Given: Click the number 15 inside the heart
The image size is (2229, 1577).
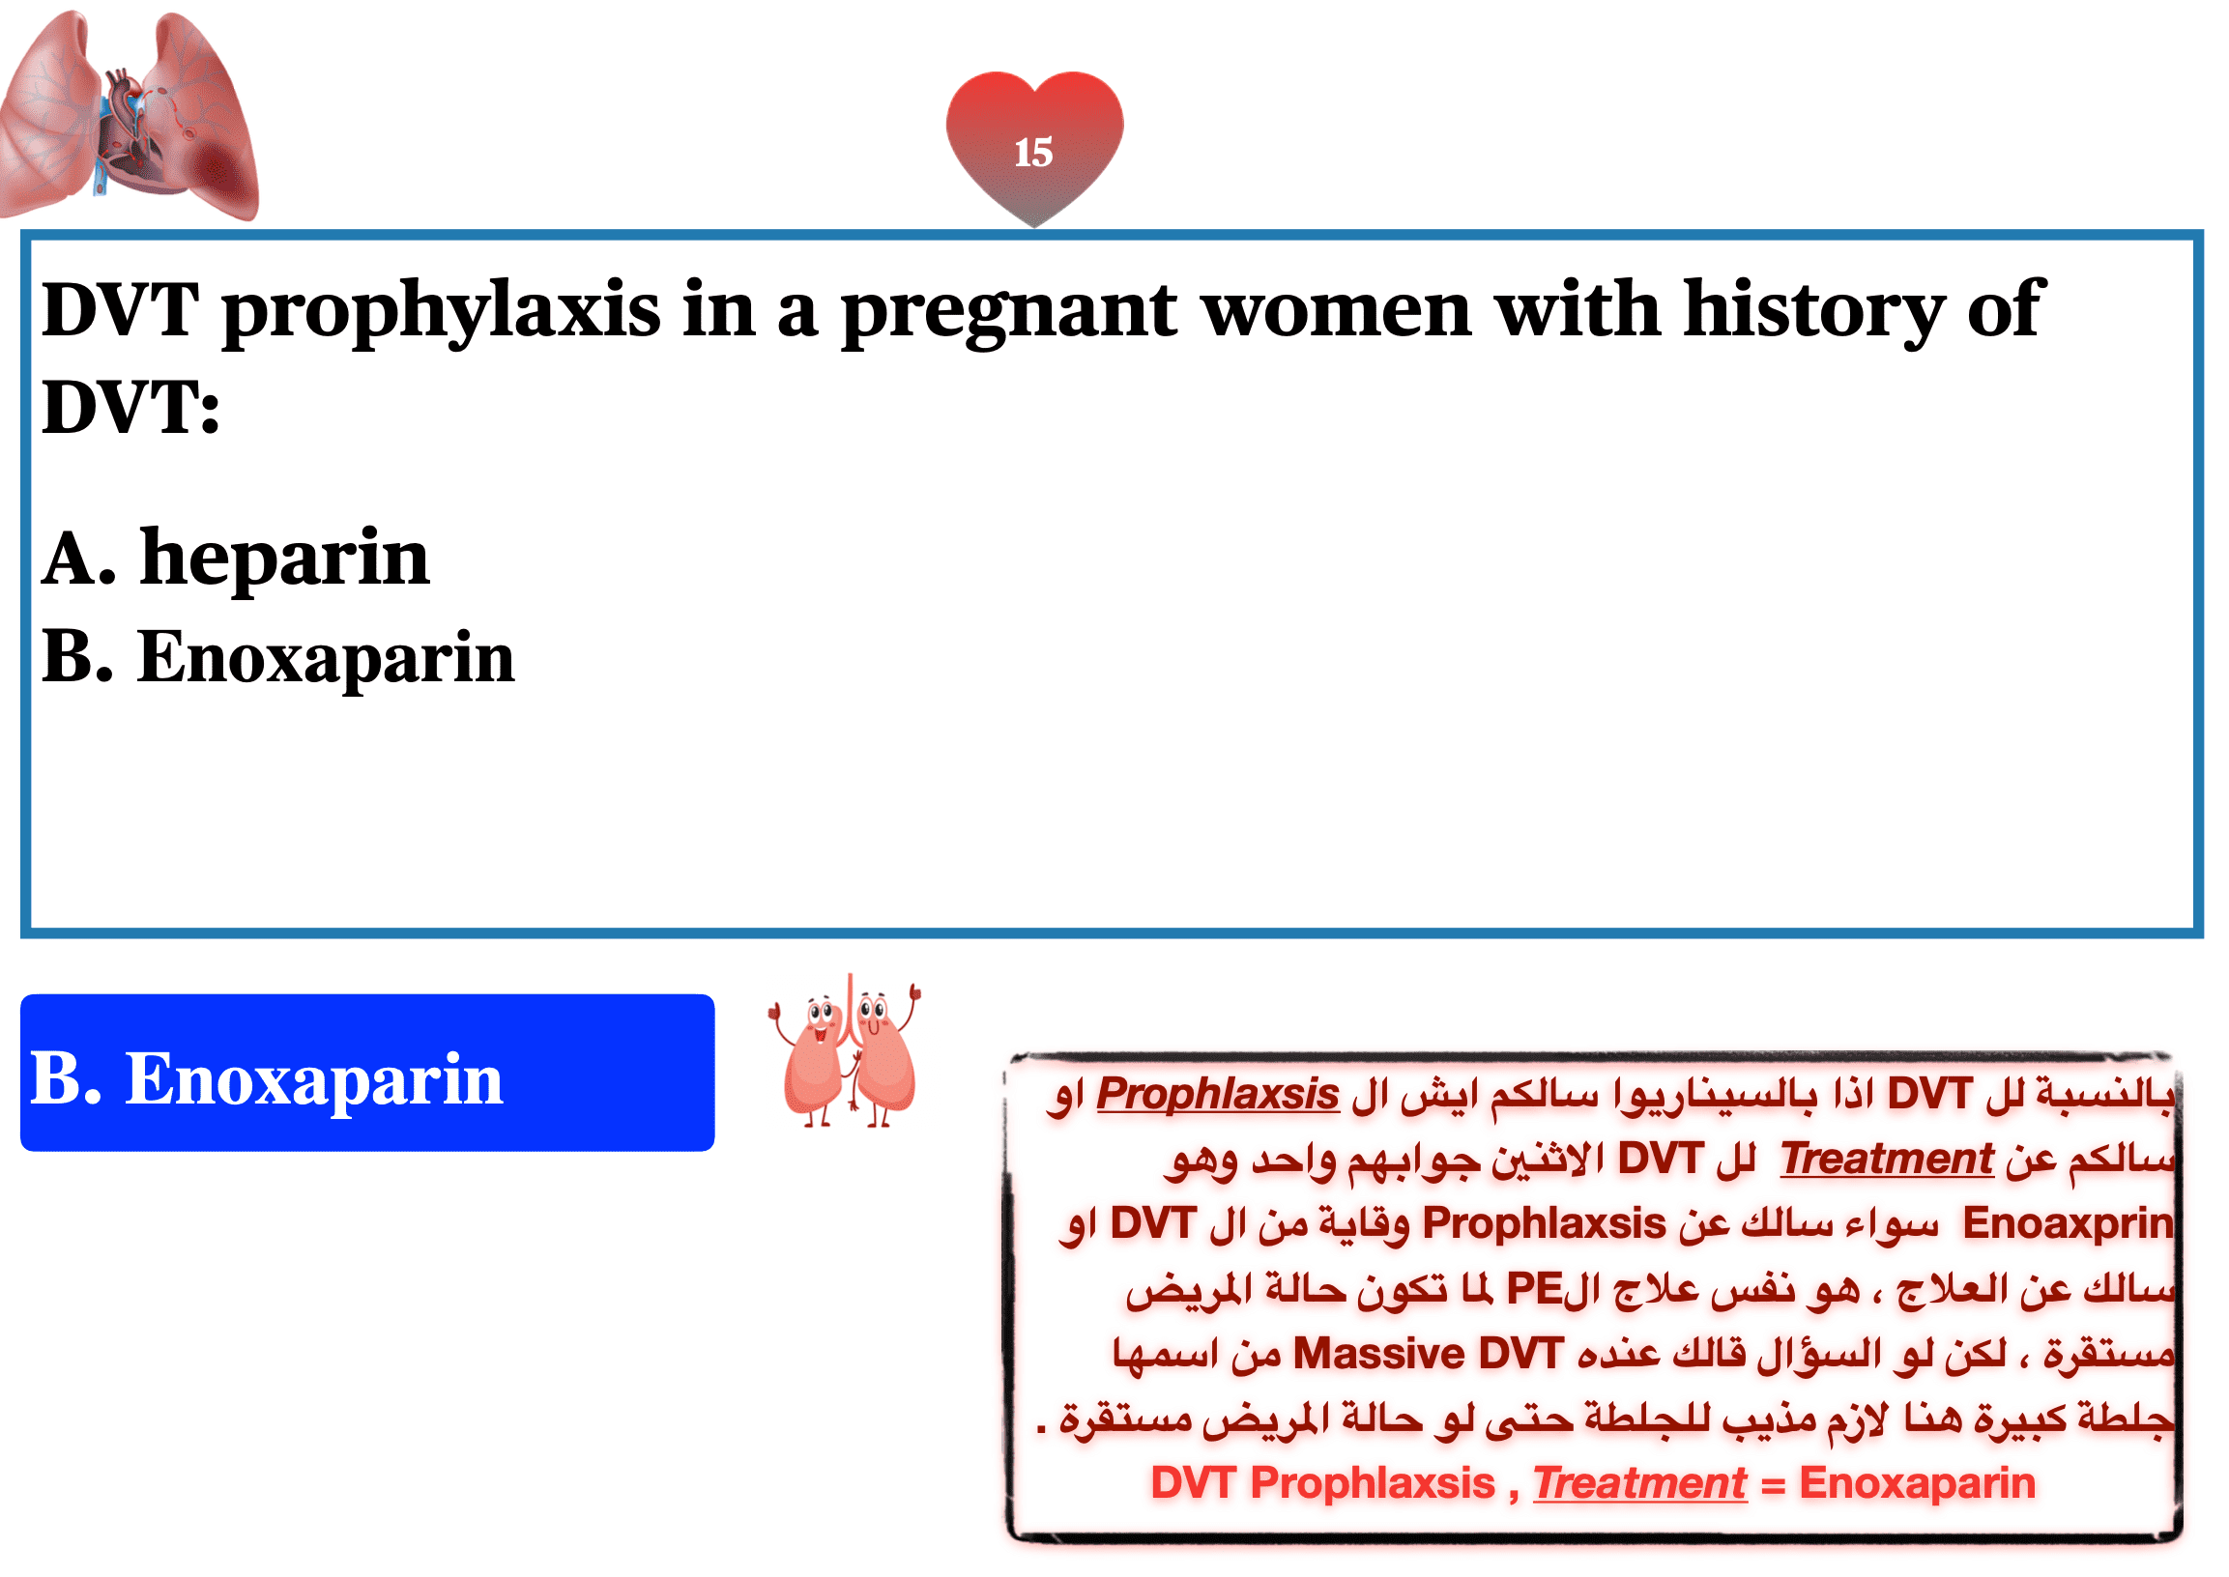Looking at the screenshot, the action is click(1033, 153).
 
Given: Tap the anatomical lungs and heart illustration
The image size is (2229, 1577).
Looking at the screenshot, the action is click(130, 115).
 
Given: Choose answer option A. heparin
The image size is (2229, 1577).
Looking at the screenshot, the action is click(236, 559).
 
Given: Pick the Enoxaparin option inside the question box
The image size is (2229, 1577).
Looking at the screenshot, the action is click(277, 657).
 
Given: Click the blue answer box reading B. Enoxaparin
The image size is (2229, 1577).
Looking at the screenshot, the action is click(367, 1072).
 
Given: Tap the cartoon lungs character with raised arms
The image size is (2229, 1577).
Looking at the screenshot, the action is click(845, 1050).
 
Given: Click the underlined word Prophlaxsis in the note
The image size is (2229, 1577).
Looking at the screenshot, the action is click(1218, 1095).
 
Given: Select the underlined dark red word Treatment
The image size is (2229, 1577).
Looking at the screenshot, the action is click(1886, 1159).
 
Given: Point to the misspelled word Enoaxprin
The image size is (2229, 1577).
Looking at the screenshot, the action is click(2067, 1223).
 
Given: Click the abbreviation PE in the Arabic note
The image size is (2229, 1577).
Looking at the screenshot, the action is click(1534, 1289).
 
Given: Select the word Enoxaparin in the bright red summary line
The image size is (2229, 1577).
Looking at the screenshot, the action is click(1917, 1484).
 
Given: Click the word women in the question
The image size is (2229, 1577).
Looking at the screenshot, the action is click(1337, 312).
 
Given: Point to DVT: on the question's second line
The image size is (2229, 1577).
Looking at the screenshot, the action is click(131, 407).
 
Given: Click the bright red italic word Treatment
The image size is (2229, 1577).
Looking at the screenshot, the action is click(1640, 1484).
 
